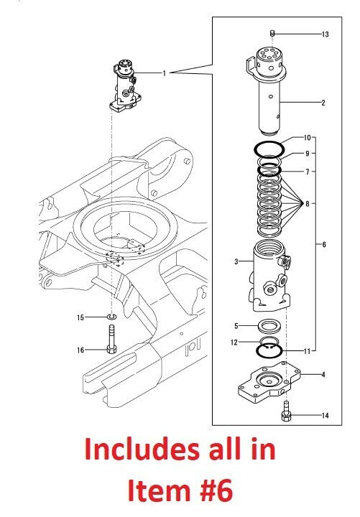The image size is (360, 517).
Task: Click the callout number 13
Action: (325, 34)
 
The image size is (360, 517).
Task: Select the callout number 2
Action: (323, 103)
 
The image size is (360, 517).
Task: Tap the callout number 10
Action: (307, 137)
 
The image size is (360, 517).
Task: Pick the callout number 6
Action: (324, 245)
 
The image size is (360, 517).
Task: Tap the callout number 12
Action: (235, 342)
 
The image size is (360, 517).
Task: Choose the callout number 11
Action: (307, 351)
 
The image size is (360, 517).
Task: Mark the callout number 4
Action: (324, 374)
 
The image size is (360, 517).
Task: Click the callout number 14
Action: (325, 415)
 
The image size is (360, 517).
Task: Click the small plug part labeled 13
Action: (272, 33)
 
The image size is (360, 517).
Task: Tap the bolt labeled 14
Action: (286, 411)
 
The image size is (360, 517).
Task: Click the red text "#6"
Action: (204, 492)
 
